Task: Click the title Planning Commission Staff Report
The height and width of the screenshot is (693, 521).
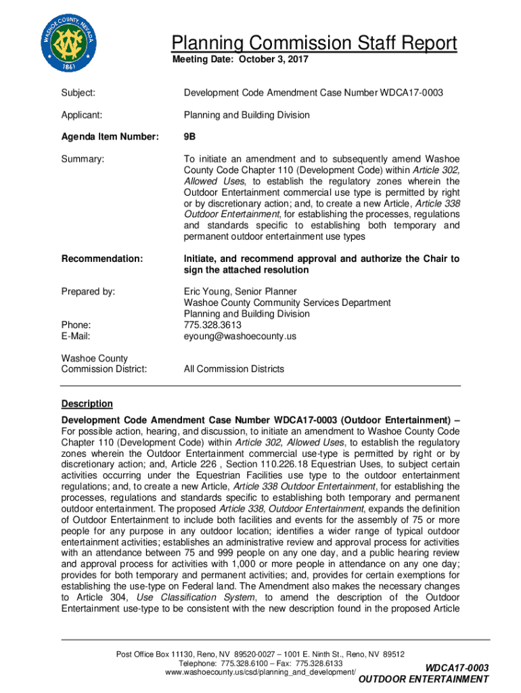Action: click(x=314, y=44)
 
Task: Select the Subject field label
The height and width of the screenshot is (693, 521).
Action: click(x=78, y=92)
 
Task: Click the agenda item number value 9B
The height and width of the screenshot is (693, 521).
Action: click(x=190, y=137)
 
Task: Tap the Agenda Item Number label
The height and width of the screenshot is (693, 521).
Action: click(x=110, y=137)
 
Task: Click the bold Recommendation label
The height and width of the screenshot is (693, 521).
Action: click(x=102, y=259)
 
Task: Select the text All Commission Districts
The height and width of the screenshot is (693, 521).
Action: click(x=234, y=369)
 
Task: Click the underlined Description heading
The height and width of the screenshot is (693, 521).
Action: click(x=87, y=404)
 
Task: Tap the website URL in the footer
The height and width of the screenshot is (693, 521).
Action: click(x=260, y=673)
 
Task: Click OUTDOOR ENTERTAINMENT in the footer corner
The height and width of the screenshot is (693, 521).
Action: click(x=423, y=679)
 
